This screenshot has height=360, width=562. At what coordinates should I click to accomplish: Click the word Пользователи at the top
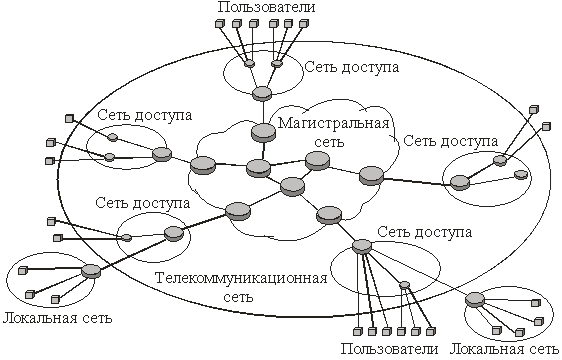(263, 9)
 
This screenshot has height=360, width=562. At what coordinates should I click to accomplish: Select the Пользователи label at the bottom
(389, 349)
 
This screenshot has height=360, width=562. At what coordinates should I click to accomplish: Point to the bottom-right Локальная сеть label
(504, 349)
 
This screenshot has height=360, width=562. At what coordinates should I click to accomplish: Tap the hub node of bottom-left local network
(91, 270)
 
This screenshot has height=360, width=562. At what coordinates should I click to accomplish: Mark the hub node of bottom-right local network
(475, 296)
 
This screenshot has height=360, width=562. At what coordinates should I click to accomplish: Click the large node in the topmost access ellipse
(262, 94)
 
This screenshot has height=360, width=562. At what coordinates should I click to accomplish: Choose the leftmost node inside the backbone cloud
(203, 165)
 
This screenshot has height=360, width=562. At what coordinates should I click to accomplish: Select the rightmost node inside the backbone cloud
(371, 176)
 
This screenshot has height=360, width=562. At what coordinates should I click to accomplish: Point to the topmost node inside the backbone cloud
(264, 132)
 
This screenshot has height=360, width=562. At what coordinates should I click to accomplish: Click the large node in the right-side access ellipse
(459, 182)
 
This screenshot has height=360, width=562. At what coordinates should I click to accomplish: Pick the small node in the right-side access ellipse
(520, 175)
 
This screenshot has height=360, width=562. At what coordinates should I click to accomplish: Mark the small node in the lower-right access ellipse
(404, 285)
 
